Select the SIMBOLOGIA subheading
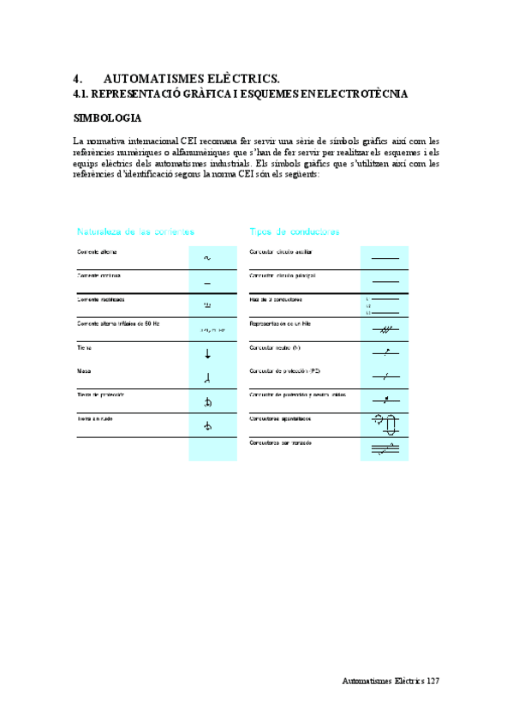click(x=107, y=117)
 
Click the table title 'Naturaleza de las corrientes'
click(x=136, y=231)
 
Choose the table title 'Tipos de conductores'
click(x=294, y=231)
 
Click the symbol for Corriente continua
click(x=207, y=282)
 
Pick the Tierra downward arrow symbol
click(x=207, y=353)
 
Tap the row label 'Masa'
click(x=83, y=372)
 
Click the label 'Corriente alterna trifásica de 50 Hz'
click(x=118, y=324)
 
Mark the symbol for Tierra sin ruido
click(x=207, y=425)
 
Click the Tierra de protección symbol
click(x=207, y=401)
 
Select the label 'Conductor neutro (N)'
click(x=275, y=348)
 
